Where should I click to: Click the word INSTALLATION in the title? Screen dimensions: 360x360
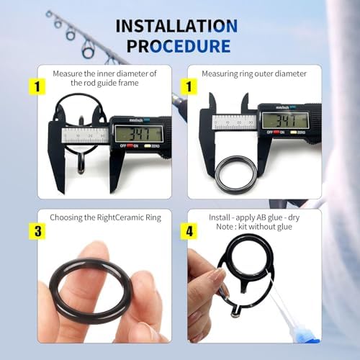177,27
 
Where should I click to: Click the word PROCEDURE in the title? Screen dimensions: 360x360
179,46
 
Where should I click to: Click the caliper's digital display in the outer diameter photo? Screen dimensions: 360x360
284,120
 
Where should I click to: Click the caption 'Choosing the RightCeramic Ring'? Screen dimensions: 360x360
106,217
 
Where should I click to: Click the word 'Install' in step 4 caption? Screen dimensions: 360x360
217,216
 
